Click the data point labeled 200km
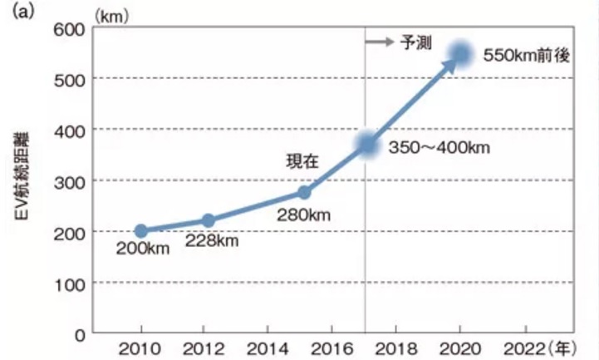click(141, 231)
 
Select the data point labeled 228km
click(209, 220)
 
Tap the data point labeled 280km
click(305, 192)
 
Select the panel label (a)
click(16, 11)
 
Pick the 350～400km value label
click(439, 148)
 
